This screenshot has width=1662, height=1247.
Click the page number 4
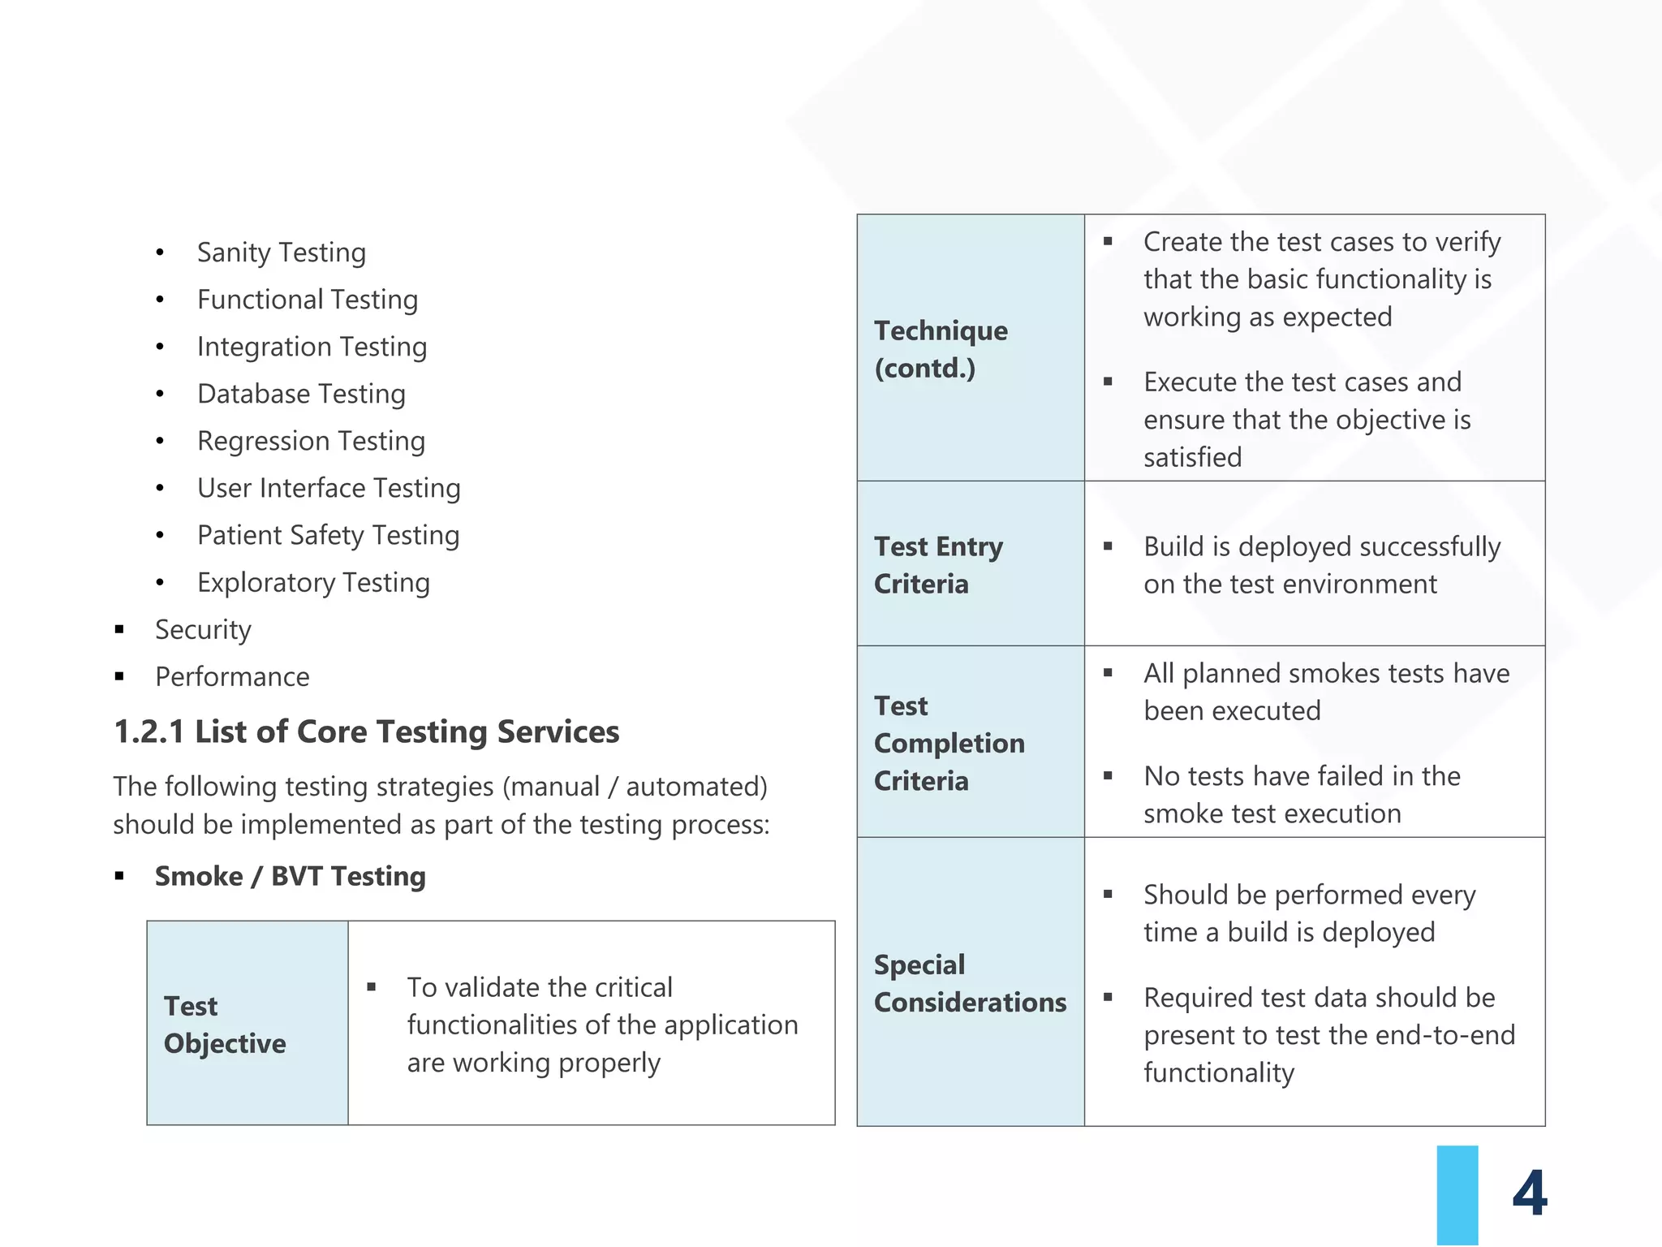tap(1529, 1193)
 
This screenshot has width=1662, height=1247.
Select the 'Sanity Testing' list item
tap(281, 252)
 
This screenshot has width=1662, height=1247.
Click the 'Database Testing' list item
tap(301, 394)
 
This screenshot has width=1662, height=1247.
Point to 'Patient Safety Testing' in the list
tap(328, 535)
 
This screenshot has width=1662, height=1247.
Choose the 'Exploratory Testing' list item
tap(313, 582)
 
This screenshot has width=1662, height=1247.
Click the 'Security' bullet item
tap(203, 629)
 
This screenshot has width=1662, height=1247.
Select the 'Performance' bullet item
tap(232, 676)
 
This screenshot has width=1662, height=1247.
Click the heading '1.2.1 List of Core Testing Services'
tap(366, 731)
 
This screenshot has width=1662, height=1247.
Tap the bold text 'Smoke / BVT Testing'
tap(290, 876)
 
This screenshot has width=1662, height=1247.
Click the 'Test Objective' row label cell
tap(225, 1024)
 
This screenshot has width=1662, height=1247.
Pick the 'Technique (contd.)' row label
tap(941, 349)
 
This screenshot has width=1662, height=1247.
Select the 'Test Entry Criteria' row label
tap(938, 565)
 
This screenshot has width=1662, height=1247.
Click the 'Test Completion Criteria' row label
tap(949, 743)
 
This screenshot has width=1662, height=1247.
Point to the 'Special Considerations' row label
tap(970, 983)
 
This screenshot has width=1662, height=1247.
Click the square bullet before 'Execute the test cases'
tap(1108, 382)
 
